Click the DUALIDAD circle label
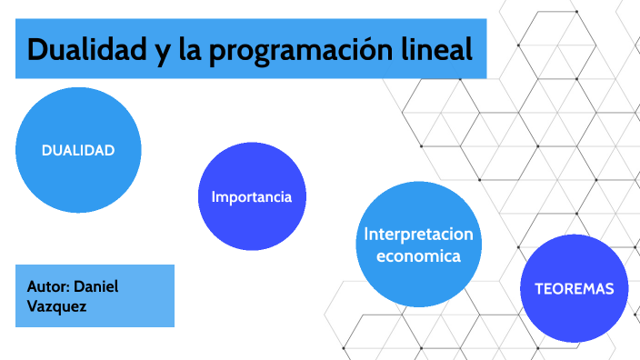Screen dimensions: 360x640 coord(78,150)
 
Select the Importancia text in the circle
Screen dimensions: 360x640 coord(252,196)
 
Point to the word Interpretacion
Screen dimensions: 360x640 coord(418,235)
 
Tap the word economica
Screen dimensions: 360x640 coord(418,256)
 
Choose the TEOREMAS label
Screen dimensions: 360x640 coord(574,289)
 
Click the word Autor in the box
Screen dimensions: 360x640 coord(47,286)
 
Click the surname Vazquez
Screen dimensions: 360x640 coord(56,307)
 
